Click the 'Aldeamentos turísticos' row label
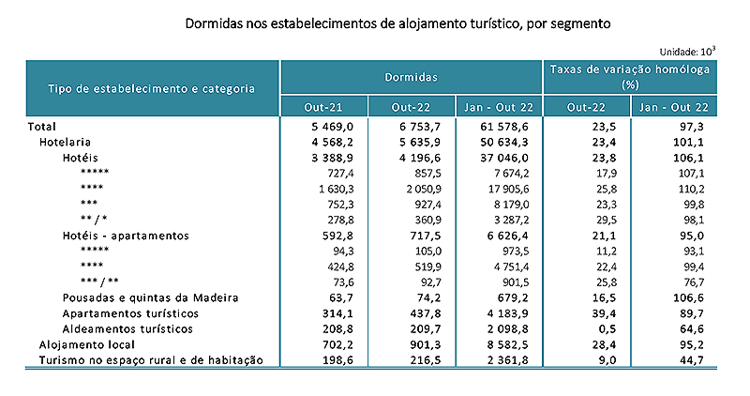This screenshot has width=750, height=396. [127, 329]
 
